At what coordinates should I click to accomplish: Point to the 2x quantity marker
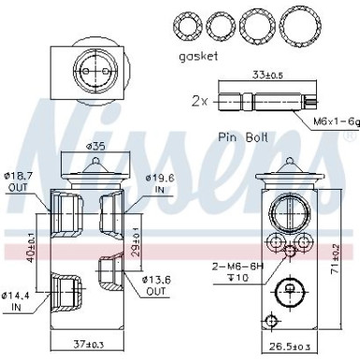coord(198,99)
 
